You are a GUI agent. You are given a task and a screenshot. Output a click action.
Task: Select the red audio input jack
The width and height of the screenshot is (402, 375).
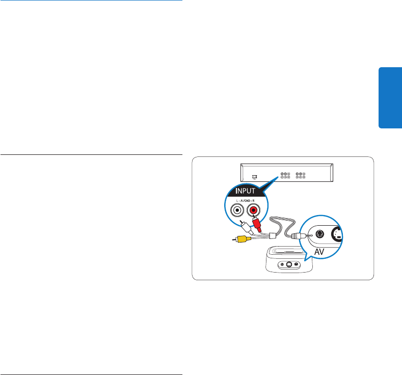point(253,208)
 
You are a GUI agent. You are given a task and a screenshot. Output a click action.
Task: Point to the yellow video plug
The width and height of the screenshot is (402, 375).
point(239,238)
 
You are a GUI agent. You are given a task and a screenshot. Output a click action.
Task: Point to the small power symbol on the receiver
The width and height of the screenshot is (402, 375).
point(254,177)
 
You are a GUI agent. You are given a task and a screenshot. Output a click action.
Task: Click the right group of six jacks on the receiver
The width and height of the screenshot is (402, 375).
point(300,176)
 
